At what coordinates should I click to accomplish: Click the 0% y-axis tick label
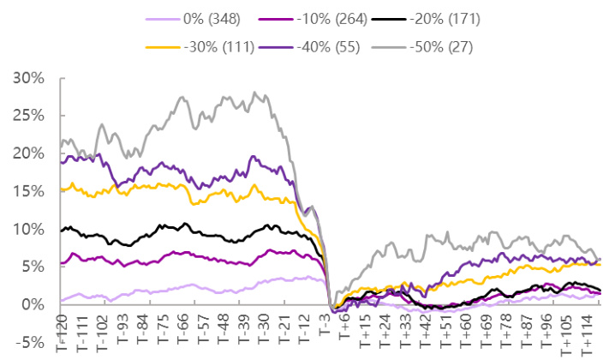pyautogui.click(x=31, y=304)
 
